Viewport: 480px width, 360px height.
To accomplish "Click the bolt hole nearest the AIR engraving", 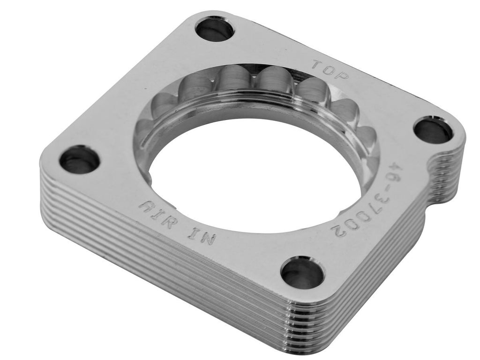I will [x=79, y=159].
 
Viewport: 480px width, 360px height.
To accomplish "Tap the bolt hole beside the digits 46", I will [x=433, y=131].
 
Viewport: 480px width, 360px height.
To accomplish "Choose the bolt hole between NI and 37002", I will [x=302, y=272].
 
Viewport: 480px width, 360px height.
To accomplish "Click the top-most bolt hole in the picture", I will [x=214, y=29].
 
